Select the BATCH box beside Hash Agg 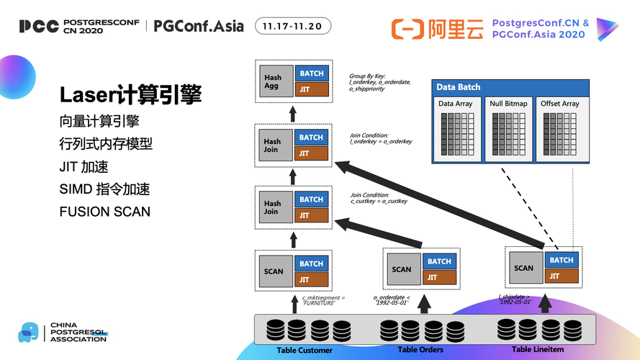[x=311, y=73]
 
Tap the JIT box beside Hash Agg [x=311, y=90]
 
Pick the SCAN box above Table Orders [x=402, y=269]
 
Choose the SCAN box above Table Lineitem [x=524, y=268]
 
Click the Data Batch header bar [x=510, y=87]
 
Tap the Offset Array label [x=560, y=104]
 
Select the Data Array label [x=455, y=104]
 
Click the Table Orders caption [x=420, y=350]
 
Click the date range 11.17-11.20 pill [x=293, y=26]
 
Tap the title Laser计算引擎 [x=130, y=94]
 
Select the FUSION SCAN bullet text [x=104, y=212]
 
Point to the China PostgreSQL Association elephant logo [x=29, y=331]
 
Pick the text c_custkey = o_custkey [x=379, y=202]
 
